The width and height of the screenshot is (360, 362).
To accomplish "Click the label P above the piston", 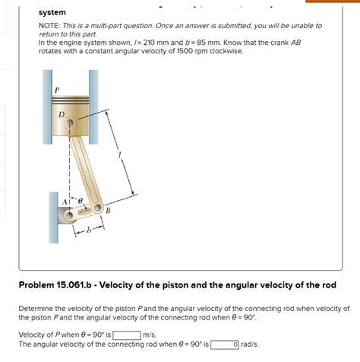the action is [57, 90].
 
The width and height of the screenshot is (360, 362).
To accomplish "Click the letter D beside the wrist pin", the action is [62, 115].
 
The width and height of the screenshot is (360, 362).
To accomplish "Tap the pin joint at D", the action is [70, 123].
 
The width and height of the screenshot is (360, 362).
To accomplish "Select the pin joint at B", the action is [97, 208].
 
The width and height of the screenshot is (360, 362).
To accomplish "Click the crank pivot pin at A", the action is [69, 215].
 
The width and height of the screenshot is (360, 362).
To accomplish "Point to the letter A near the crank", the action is [65, 202].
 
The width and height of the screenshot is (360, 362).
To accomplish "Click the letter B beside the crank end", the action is [108, 211].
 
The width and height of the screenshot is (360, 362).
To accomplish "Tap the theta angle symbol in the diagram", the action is [80, 201].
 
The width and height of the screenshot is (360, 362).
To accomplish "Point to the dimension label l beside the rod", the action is [121, 154].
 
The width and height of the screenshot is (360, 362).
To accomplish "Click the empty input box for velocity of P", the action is [127, 335].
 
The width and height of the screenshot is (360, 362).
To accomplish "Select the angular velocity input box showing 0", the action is [225, 345].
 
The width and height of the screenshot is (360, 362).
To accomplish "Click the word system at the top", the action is [52, 12].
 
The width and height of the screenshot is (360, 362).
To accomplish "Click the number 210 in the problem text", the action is [150, 43].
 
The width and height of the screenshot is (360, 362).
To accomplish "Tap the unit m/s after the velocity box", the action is [150, 335].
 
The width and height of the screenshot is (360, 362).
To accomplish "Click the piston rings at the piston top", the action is [70, 99].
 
